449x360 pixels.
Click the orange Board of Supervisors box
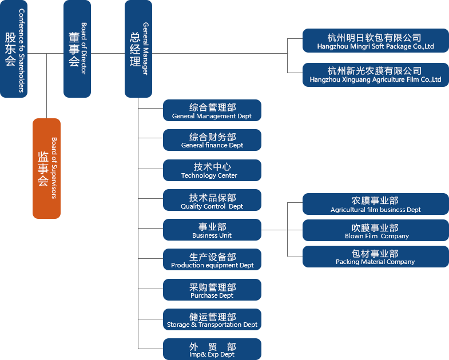tap(46, 168)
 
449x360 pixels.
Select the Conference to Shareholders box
tap(14, 49)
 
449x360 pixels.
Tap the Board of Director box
tap(77, 49)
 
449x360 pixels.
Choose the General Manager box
tap(138, 49)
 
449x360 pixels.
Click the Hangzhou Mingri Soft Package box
tap(375, 42)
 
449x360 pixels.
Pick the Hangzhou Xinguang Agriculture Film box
tap(375, 75)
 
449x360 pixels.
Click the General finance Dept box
tap(212, 140)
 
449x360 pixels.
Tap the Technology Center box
tap(212, 170)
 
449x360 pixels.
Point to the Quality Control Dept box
tap(212, 201)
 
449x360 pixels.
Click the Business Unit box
tap(212, 230)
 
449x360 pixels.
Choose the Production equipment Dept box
tap(212, 260)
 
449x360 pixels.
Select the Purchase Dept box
tap(212, 290)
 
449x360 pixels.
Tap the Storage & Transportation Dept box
tap(212, 319)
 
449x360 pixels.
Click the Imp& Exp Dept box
tap(212, 349)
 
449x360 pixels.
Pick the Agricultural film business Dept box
tap(375, 204)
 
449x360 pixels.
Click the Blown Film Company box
tap(375, 230)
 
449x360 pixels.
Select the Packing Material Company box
tap(375, 257)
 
